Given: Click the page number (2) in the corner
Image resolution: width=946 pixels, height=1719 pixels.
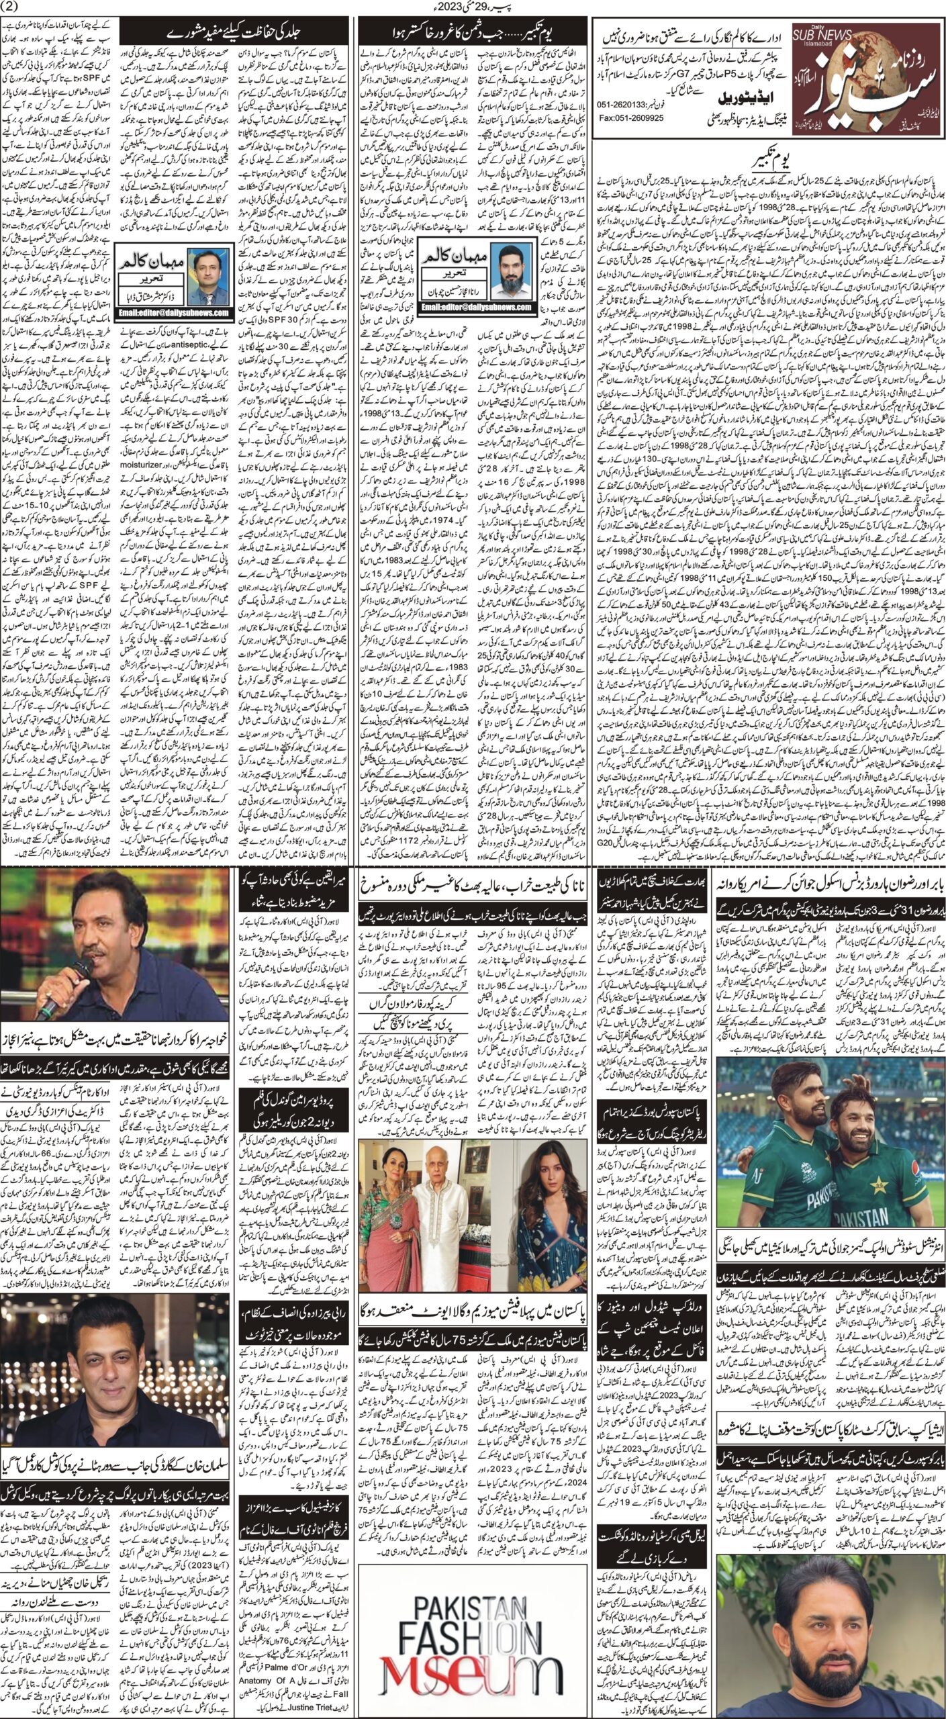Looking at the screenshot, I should point(13,7).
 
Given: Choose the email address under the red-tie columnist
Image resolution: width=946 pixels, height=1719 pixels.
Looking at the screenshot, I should point(171,312).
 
